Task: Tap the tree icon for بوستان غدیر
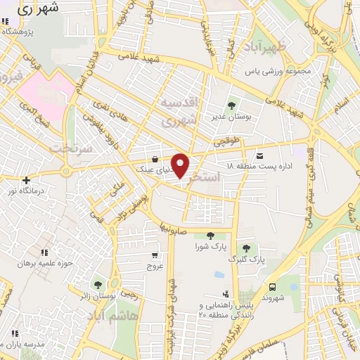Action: click(233, 105)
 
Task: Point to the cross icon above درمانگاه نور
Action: click(26, 181)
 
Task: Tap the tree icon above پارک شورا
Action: click(210, 236)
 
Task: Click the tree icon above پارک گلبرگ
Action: click(245, 248)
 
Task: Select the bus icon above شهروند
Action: click(271, 286)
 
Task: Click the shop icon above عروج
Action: click(154, 256)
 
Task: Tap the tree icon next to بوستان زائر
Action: click(98, 285)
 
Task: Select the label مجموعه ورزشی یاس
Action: click(276, 72)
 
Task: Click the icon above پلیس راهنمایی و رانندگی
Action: click(225, 294)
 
